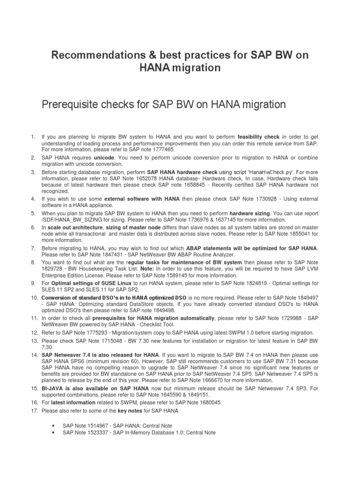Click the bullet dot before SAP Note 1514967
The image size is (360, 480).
(x=56, y=426)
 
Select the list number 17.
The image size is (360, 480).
(x=33, y=410)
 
